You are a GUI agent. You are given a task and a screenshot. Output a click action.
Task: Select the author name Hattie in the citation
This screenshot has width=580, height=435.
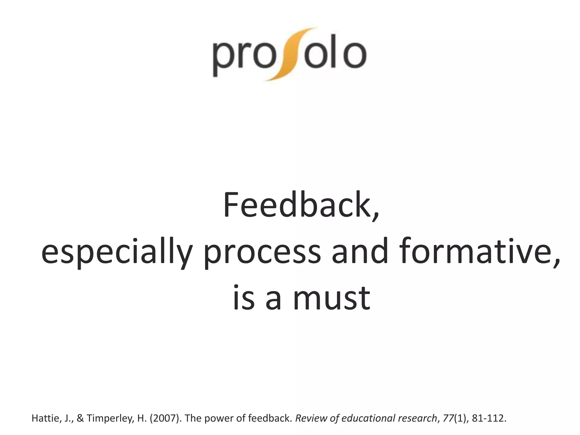pos(44,418)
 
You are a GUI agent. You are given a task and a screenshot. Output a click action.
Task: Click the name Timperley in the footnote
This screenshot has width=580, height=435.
pos(109,418)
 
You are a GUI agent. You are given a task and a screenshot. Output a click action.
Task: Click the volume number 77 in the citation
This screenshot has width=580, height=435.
pos(449,418)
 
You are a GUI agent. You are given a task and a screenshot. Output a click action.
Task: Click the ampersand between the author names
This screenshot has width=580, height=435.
pos(80,418)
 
